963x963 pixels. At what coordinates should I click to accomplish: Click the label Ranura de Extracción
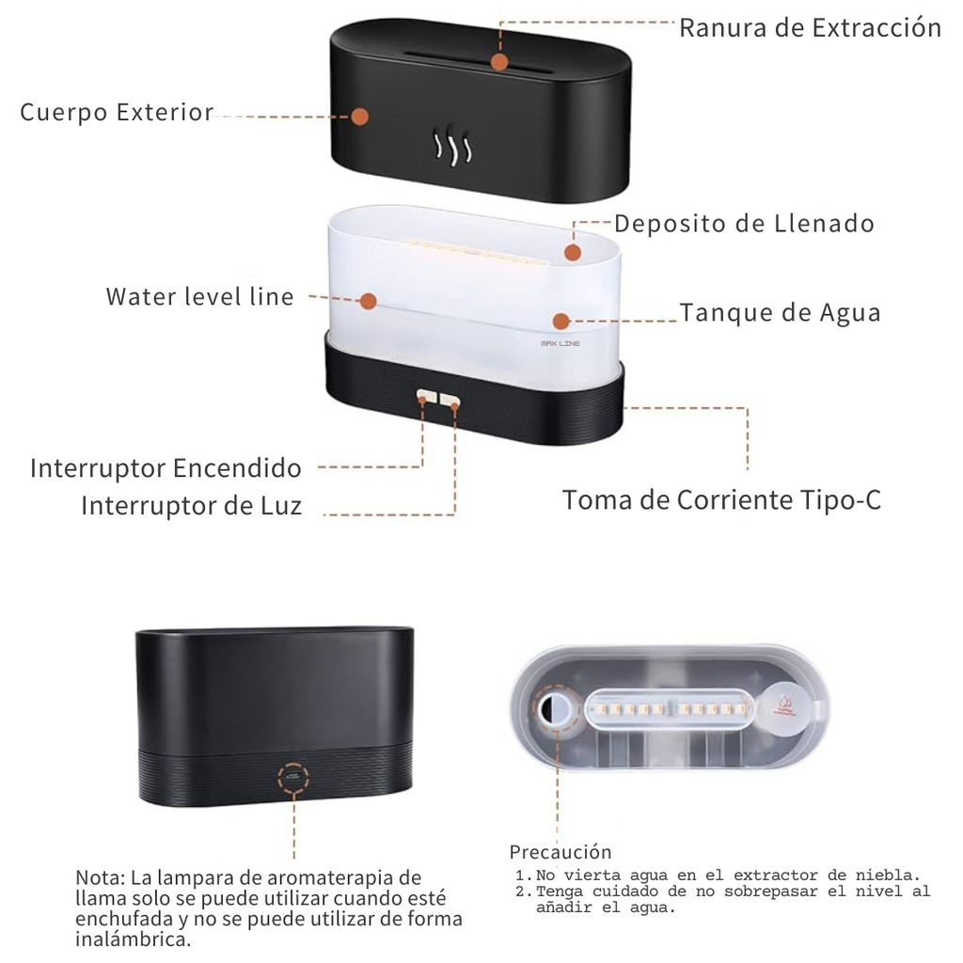[810, 28]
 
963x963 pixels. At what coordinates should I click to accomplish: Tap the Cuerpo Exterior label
[117, 113]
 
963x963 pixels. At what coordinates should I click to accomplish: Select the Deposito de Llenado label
[745, 224]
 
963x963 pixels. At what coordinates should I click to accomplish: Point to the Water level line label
[199, 296]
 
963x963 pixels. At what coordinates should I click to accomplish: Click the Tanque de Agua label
[780, 312]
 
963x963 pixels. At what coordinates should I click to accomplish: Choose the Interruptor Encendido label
[166, 468]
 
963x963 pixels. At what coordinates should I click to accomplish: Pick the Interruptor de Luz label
[192, 506]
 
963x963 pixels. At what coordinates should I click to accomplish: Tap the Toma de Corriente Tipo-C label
[721, 500]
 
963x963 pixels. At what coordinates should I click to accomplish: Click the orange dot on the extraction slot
[499, 62]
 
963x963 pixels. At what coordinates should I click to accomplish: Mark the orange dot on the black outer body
[360, 116]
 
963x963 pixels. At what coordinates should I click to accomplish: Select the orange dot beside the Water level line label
[369, 301]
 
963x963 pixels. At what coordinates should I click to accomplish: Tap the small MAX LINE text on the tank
[560, 343]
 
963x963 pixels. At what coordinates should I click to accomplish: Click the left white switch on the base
[427, 396]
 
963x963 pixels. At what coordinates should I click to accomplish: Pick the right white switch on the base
[450, 400]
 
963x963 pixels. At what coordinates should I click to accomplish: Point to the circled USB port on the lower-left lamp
[293, 777]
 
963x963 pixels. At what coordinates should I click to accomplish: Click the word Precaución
[560, 852]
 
